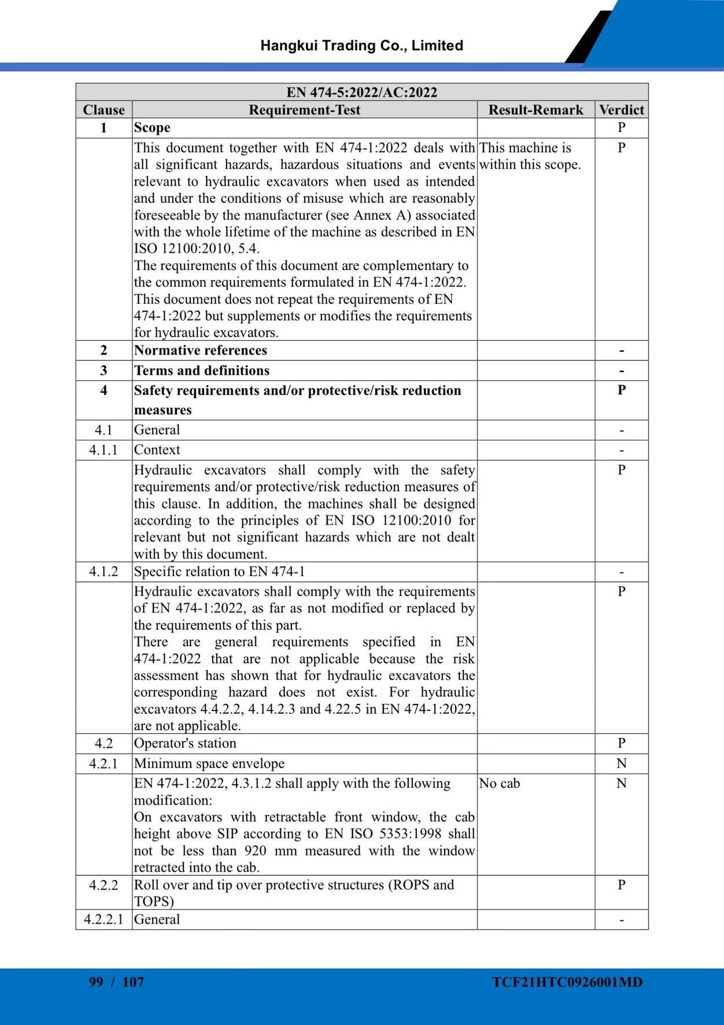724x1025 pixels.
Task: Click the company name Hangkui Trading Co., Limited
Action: point(361,46)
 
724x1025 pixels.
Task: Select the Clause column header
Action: point(104,110)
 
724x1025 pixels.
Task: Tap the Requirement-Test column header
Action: point(304,110)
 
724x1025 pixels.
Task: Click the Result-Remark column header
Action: point(535,110)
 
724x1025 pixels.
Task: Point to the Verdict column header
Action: point(621,110)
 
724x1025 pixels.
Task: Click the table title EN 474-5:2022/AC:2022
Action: point(361,93)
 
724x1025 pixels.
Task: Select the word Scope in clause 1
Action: point(152,128)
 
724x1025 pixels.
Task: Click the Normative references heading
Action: point(200,351)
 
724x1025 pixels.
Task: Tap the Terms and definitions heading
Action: point(201,371)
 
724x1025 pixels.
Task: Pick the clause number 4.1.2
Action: point(104,572)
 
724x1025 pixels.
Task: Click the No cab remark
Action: point(499,784)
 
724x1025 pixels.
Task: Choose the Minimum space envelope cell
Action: point(209,764)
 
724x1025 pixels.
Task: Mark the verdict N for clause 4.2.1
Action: point(621,764)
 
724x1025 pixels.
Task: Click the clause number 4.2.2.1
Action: point(104,920)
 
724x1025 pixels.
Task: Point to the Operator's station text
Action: point(185,743)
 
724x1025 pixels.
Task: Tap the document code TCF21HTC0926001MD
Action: point(567,982)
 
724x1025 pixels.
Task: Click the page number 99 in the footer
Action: point(96,982)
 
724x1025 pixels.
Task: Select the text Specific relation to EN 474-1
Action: point(219,572)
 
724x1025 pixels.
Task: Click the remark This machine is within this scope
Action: point(529,156)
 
